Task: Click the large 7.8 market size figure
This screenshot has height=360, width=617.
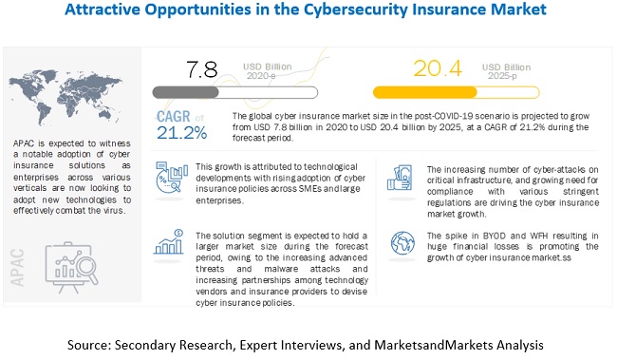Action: pyautogui.click(x=202, y=69)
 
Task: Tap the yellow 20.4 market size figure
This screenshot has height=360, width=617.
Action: pyautogui.click(x=438, y=68)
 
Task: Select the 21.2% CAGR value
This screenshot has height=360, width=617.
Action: pyautogui.click(x=182, y=133)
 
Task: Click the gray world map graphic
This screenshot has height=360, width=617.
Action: pyautogui.click(x=65, y=97)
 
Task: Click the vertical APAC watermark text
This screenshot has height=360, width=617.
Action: pyautogui.click(x=17, y=268)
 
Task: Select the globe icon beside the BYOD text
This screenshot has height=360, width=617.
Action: pyautogui.click(x=402, y=243)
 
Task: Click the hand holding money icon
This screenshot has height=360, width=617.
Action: pyautogui.click(x=400, y=178)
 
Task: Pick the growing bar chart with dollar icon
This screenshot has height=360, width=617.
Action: pyautogui.click(x=169, y=241)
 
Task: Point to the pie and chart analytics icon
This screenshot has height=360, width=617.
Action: pyautogui.click(x=172, y=178)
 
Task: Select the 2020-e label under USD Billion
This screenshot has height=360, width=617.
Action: pyautogui.click(x=261, y=76)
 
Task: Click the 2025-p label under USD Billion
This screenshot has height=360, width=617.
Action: pyautogui.click(x=502, y=76)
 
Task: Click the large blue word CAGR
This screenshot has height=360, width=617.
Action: pyautogui.click(x=174, y=117)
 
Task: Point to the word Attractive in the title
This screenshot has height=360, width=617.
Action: pyautogui.click(x=103, y=9)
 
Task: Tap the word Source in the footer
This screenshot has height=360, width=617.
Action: pyautogui.click(x=89, y=345)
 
